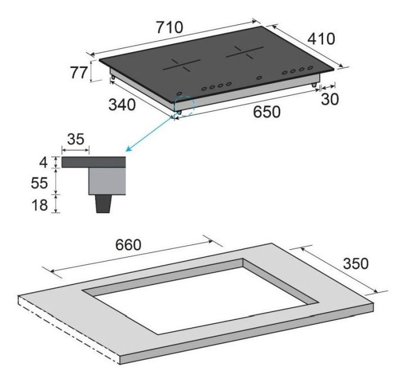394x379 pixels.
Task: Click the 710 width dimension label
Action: [x=170, y=26]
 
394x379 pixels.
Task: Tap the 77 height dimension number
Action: [x=79, y=73]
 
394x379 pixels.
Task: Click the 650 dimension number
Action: [x=266, y=112]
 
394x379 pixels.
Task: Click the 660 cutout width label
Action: [x=128, y=245]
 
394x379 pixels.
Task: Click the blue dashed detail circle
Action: [x=183, y=105]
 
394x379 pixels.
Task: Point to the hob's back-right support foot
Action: [x=313, y=83]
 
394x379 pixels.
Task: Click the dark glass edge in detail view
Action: [x=93, y=163]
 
